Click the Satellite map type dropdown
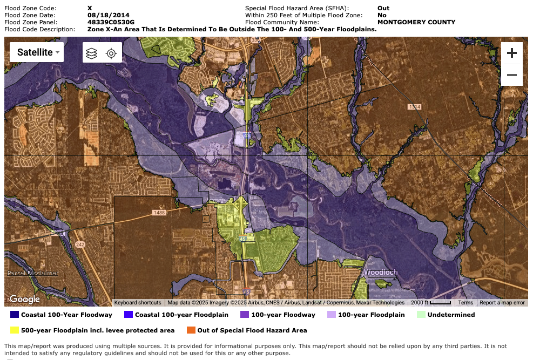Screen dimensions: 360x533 (36, 52)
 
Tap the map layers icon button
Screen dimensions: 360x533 (92, 53)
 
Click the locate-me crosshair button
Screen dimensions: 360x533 (111, 53)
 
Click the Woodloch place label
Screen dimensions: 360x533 (381, 273)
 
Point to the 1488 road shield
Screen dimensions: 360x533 (159, 213)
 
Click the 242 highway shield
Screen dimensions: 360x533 (80, 244)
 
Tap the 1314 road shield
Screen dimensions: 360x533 (414, 107)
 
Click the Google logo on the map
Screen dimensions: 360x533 (25, 299)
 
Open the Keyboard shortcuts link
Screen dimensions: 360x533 (138, 303)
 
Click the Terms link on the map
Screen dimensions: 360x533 (465, 303)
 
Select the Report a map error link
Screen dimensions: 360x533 (502, 303)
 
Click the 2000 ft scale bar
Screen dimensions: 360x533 (430, 303)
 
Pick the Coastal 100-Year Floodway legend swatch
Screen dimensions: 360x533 (15, 315)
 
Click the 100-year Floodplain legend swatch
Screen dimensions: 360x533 (332, 315)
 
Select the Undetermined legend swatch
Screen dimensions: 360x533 (421, 315)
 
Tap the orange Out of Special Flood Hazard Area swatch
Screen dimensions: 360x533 (191, 330)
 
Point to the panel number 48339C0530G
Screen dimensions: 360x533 (111, 22)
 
